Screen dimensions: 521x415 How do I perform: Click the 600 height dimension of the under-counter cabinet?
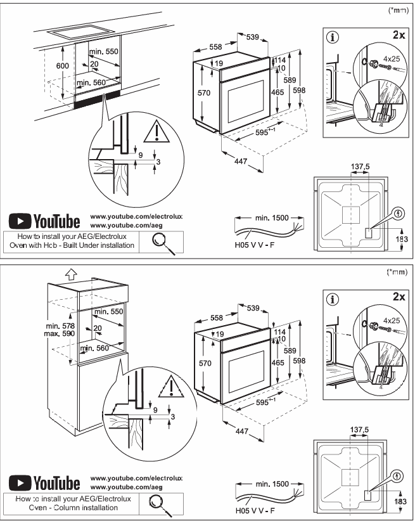61,67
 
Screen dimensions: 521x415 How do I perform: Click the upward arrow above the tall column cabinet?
72,274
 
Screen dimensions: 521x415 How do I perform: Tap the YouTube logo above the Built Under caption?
44,221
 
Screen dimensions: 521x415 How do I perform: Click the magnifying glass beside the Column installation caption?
160,502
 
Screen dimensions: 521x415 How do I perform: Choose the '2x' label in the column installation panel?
398,296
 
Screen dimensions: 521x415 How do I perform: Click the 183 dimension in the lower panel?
400,501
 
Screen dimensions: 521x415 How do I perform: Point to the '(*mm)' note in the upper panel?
397,10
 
